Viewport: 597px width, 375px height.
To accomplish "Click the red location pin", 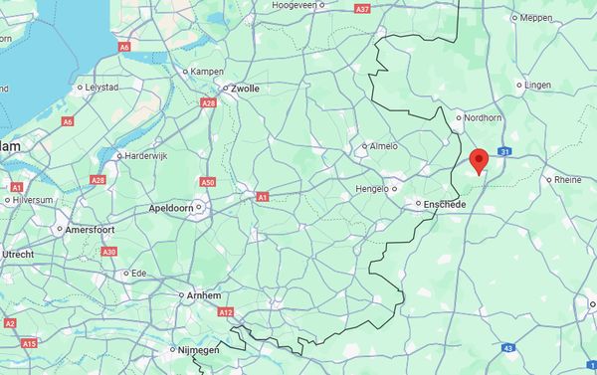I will [480, 160].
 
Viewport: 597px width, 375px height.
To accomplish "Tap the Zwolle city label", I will [245, 89].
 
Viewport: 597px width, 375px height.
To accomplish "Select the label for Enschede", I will [445, 204].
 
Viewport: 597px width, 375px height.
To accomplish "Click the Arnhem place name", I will [202, 295].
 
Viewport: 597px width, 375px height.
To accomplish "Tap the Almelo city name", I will [383, 146].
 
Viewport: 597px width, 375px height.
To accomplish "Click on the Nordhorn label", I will [484, 117].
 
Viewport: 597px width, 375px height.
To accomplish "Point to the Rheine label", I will [568, 180].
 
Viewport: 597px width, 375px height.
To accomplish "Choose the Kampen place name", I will [207, 72].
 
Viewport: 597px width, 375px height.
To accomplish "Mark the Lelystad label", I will [102, 88].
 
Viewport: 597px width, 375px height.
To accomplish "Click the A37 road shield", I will [362, 9].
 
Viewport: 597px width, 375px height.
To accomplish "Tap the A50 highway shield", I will [207, 182].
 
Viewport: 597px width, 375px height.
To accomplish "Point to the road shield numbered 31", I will [505, 152].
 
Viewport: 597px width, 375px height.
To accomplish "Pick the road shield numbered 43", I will [508, 348].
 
